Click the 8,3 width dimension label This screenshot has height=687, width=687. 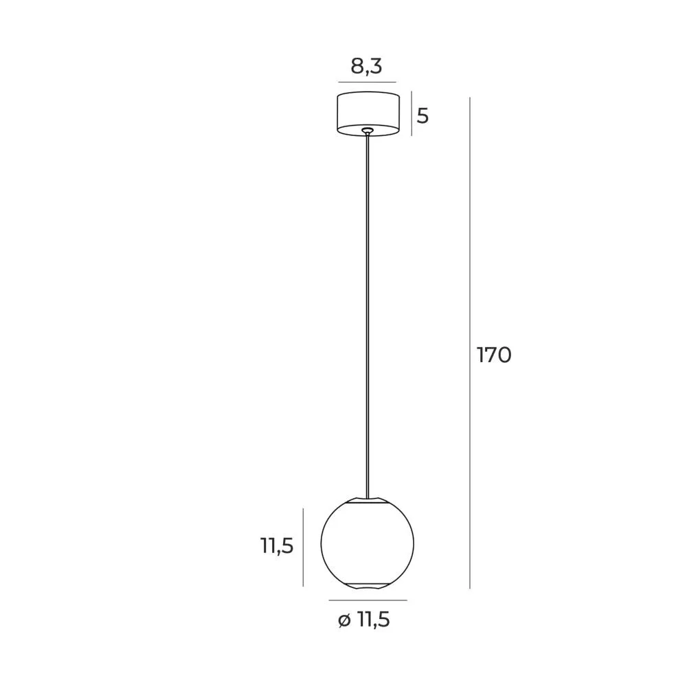tap(366, 67)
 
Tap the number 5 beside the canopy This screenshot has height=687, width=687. tap(423, 116)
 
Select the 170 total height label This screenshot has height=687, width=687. tap(494, 355)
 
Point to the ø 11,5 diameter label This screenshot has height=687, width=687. tap(363, 620)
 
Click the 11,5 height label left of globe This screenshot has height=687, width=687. tap(277, 546)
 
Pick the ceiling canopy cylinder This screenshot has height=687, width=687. tap(368, 114)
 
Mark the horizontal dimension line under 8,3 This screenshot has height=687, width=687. tap(367, 82)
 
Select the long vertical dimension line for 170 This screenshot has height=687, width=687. tap(470, 343)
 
